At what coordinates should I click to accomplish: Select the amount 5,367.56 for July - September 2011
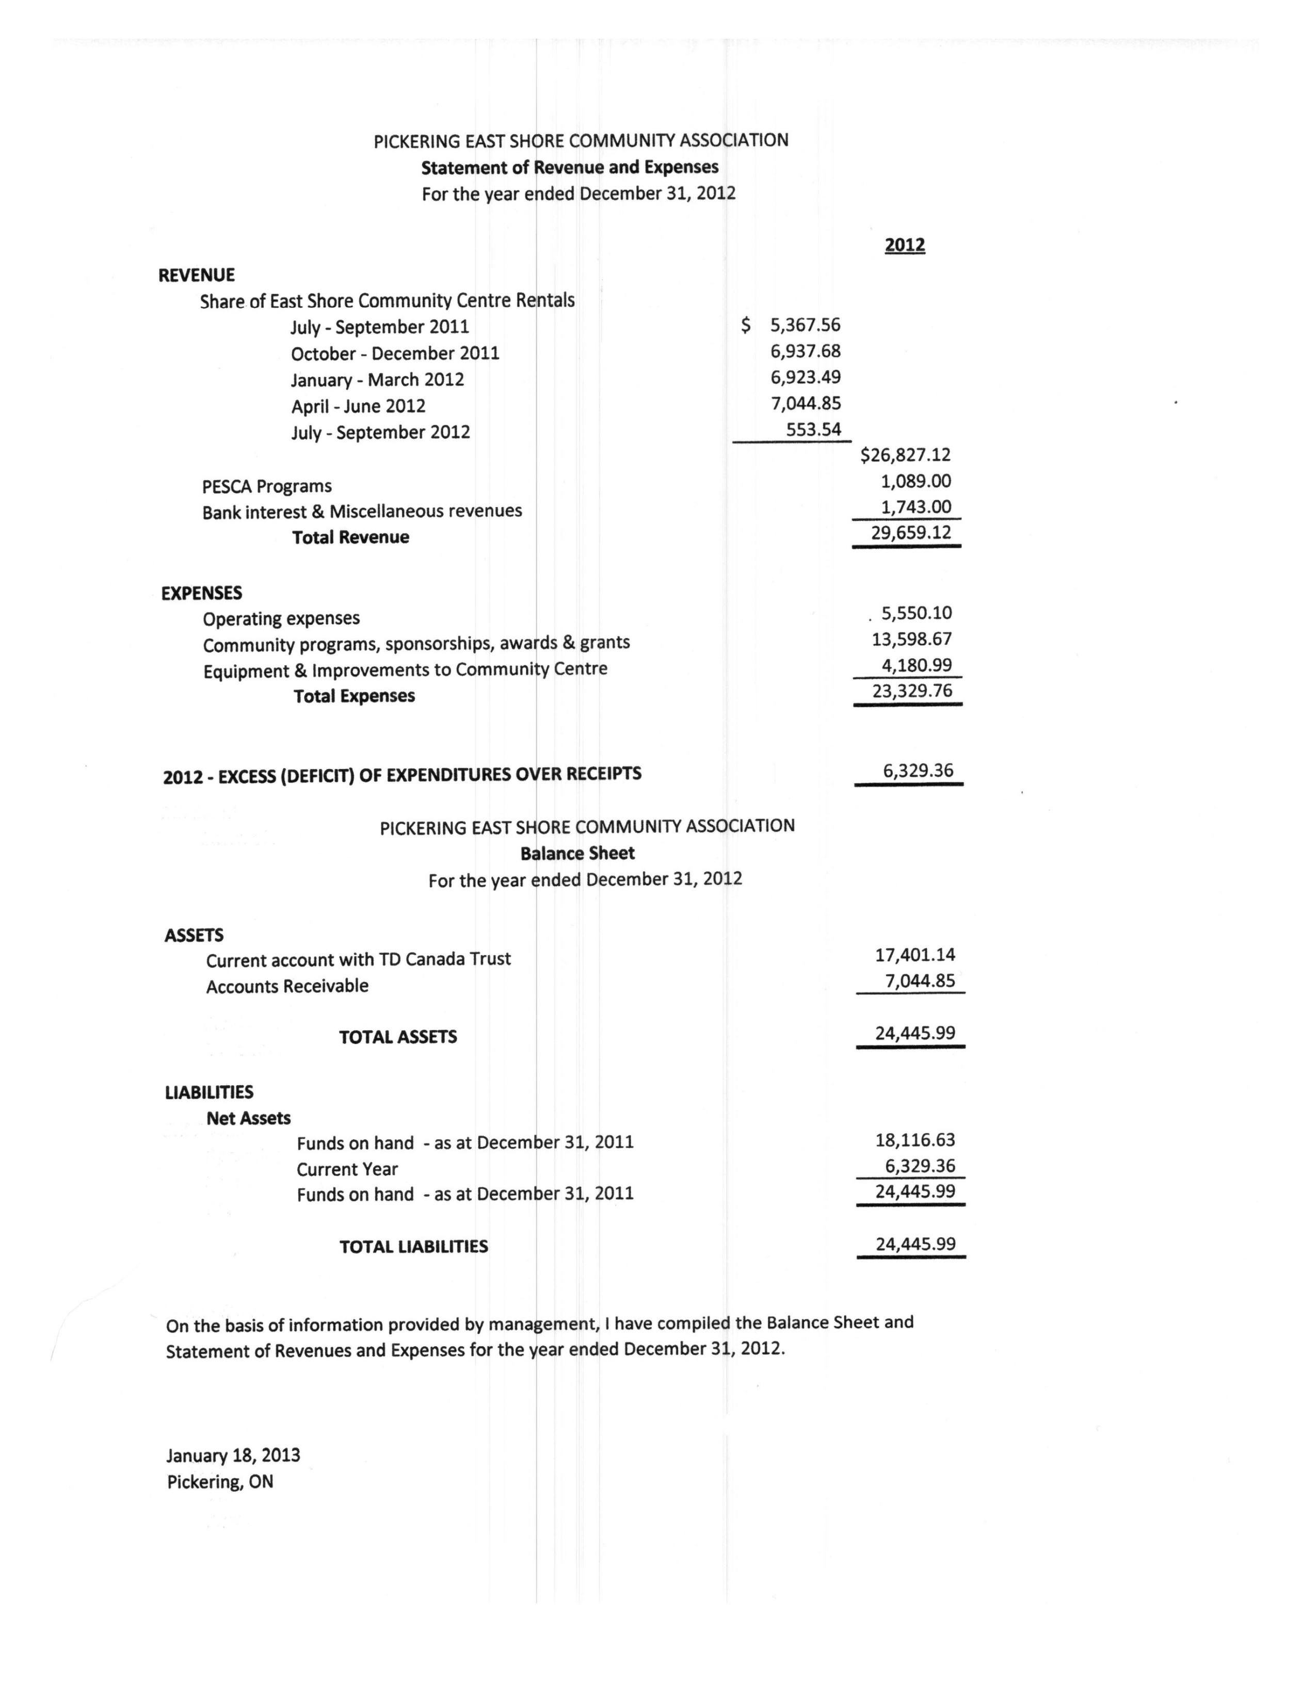pos(805,325)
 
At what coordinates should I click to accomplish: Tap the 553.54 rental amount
pos(813,430)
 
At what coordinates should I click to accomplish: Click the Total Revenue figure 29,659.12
pos(910,533)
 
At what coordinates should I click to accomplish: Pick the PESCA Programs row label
pos(267,486)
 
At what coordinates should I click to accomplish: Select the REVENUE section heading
pos(197,275)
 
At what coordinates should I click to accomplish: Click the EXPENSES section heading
pos(201,593)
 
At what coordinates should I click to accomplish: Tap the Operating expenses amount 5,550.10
pos(916,613)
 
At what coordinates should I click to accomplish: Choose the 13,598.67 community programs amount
pos(911,639)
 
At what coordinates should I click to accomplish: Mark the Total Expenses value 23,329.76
pos(911,691)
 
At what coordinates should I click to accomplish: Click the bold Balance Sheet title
pos(577,854)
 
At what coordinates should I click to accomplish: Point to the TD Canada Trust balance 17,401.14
pos(914,955)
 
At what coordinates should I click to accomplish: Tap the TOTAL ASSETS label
pos(397,1037)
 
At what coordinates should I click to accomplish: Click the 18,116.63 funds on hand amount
pos(914,1140)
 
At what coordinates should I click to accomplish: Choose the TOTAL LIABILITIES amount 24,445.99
pos(914,1244)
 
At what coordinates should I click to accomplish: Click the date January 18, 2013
pos(233,1456)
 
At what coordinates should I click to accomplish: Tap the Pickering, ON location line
pos(220,1481)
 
